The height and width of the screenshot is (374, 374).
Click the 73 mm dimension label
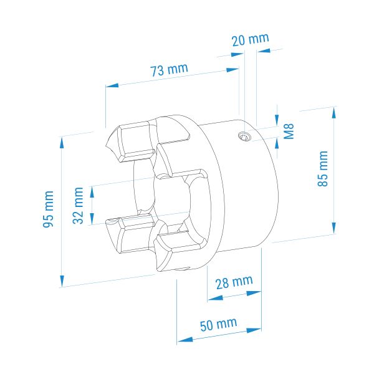click(169, 69)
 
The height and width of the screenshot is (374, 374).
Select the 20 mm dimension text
click(251, 40)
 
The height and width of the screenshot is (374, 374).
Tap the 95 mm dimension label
click(48, 209)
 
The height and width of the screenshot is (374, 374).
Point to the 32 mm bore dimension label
click(78, 205)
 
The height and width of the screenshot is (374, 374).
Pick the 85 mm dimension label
click(323, 168)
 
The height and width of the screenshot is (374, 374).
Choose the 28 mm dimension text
click(234, 282)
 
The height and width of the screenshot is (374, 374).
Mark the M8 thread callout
click(289, 131)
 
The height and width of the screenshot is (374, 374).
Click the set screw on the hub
click(244, 137)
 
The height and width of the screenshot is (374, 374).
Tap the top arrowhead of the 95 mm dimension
click(62, 143)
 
